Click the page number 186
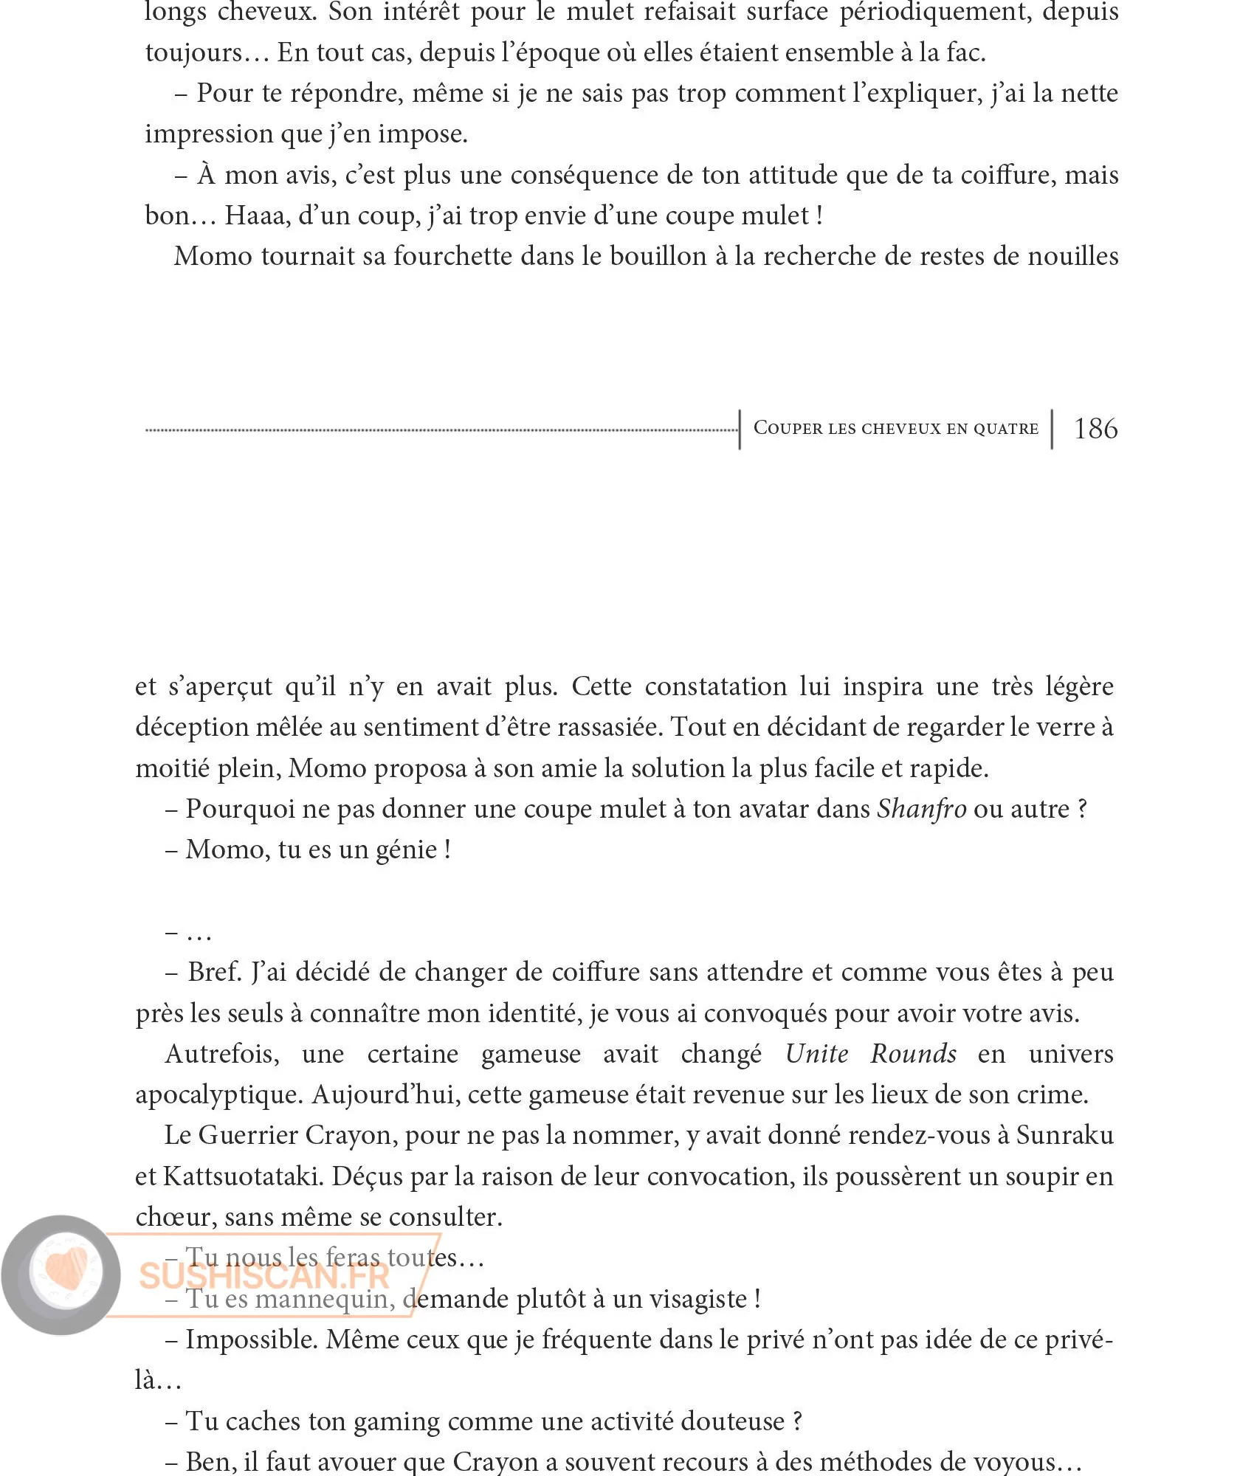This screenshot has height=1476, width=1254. tap(1095, 429)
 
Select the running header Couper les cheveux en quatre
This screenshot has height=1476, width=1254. tap(895, 429)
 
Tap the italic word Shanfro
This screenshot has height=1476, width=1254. tap(921, 809)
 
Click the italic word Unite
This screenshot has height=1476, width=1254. tap(816, 1054)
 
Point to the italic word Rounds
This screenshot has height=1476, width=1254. tap(914, 1054)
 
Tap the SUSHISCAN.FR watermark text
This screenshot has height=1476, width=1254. tap(264, 1276)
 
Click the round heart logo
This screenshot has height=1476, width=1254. tap(62, 1275)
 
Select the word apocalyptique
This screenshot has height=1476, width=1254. tap(218, 1094)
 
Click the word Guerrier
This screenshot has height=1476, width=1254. tap(248, 1135)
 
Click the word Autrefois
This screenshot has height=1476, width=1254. tap(222, 1054)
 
